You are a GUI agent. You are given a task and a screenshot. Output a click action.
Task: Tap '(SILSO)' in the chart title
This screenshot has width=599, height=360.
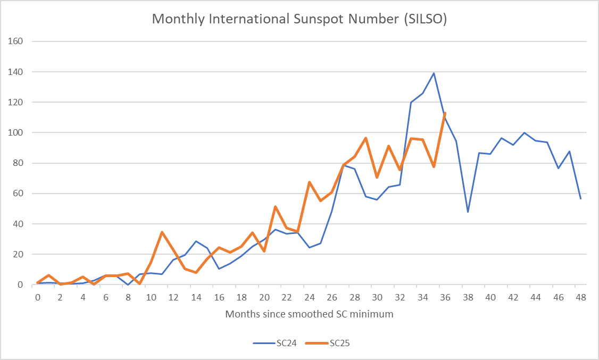click(x=424, y=19)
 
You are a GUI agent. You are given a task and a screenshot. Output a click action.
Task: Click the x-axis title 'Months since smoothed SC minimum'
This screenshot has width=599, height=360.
click(x=309, y=314)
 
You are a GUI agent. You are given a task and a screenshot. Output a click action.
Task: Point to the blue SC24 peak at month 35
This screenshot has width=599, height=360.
click(x=434, y=73)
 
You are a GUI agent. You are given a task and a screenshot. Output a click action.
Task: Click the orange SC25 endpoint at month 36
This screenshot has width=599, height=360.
click(x=445, y=113)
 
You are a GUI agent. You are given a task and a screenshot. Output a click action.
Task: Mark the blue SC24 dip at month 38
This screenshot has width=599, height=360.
click(x=468, y=212)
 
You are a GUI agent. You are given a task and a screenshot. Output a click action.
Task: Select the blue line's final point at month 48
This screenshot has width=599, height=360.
click(x=581, y=198)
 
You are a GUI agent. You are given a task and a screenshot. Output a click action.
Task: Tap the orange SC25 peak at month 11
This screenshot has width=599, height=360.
click(x=162, y=232)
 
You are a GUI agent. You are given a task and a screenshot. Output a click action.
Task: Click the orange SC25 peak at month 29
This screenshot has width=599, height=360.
click(x=366, y=138)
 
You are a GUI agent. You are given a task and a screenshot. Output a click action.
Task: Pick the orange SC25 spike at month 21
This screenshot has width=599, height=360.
click(x=275, y=206)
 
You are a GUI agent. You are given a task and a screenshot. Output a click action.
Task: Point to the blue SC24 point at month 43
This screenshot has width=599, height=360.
click(x=524, y=133)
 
